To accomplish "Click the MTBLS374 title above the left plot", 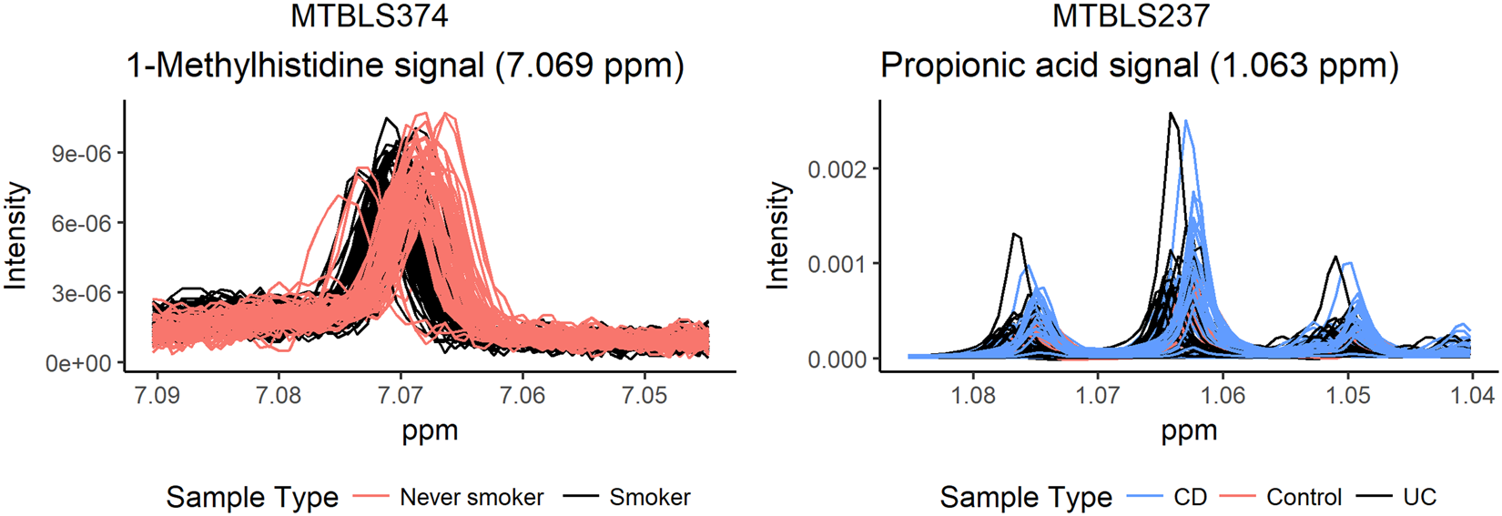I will [x=369, y=16].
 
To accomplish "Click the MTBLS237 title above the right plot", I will [x=1131, y=16].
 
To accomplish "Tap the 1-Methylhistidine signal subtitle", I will [x=404, y=66].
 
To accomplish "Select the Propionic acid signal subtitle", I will [x=1139, y=66].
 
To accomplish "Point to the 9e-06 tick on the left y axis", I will [x=82, y=154].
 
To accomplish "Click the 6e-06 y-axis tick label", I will [x=82, y=224].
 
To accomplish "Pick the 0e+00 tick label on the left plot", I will [x=82, y=363].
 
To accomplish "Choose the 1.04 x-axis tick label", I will [x=1471, y=396].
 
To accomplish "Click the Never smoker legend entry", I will [x=472, y=498].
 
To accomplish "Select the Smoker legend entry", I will [x=649, y=498].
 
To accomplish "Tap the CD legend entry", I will [x=1190, y=498].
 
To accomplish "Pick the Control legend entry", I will [x=1304, y=498].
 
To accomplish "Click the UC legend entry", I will [x=1419, y=498].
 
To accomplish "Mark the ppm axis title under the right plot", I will [x=1189, y=430].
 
